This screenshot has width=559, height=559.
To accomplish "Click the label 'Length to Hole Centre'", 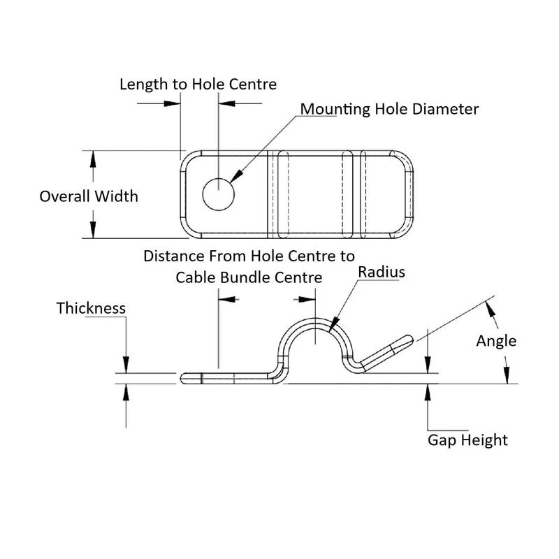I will [198, 85].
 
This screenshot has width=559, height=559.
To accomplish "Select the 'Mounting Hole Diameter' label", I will [389, 109].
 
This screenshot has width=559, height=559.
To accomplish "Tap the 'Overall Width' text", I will [89, 196].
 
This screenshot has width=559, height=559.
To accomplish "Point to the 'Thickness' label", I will [91, 308].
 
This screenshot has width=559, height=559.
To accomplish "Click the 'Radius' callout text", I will [382, 272].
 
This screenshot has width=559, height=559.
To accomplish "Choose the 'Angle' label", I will [496, 341].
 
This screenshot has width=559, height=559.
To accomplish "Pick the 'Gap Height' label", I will [467, 440].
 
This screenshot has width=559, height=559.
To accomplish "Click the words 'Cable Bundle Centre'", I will [249, 277].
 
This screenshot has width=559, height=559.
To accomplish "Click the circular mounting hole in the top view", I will [218, 194].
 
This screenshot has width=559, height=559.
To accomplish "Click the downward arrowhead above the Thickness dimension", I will [126, 366].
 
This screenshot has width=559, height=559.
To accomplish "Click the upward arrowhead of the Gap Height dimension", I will [427, 391].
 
